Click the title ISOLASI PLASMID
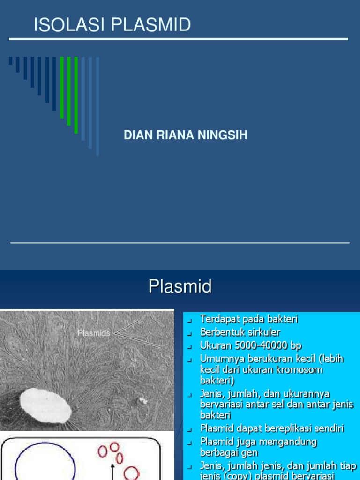(x=112, y=25)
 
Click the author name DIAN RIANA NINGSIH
(x=185, y=135)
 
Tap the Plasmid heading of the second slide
(x=180, y=286)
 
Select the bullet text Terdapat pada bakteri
(x=248, y=319)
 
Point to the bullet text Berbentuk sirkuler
(x=240, y=332)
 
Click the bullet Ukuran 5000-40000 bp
(x=251, y=345)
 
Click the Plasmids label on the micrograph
(x=94, y=333)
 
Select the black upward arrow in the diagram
(x=112, y=471)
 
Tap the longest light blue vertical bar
(x=97, y=106)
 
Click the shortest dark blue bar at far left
(x=10, y=61)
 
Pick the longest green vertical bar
(x=76, y=95)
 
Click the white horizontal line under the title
(x=178, y=39)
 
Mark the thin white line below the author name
(x=180, y=243)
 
